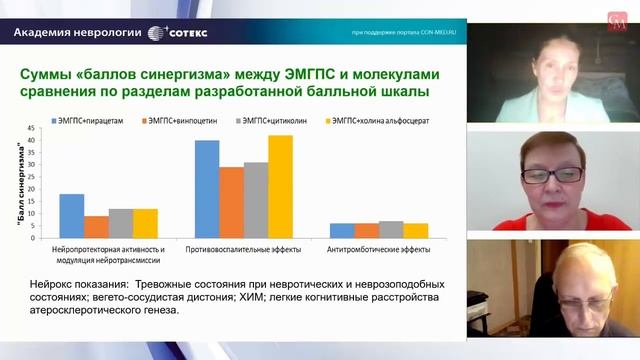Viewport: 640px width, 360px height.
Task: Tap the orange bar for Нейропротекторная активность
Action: [96, 226]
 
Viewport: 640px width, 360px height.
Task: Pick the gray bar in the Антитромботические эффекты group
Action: [393, 229]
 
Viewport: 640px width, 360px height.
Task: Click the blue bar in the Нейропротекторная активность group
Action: [71, 215]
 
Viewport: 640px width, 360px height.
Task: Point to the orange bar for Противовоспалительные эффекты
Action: [232, 201]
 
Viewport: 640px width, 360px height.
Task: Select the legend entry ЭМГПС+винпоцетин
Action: [177, 121]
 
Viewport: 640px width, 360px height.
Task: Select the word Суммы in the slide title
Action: [50, 74]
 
